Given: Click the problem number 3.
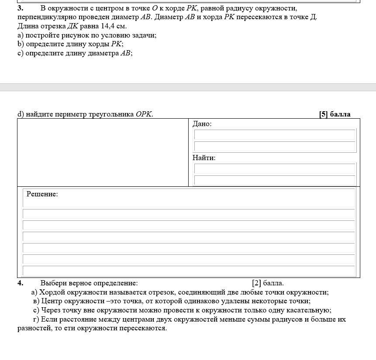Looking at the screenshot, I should point(21,8).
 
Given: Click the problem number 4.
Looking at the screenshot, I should point(21,283).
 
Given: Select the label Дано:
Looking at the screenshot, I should point(202,124).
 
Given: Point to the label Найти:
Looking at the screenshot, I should point(204,158).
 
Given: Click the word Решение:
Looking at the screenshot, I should point(42,194).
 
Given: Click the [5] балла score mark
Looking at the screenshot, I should point(335,114).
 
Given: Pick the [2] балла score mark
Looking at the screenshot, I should point(268,283).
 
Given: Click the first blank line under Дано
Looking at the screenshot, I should point(275,135).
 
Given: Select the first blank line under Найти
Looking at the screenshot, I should point(275,169).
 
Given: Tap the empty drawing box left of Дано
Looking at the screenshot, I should point(103,152).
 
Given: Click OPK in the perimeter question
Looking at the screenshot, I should point(144,114).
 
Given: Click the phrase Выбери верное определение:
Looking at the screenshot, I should point(89,283).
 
